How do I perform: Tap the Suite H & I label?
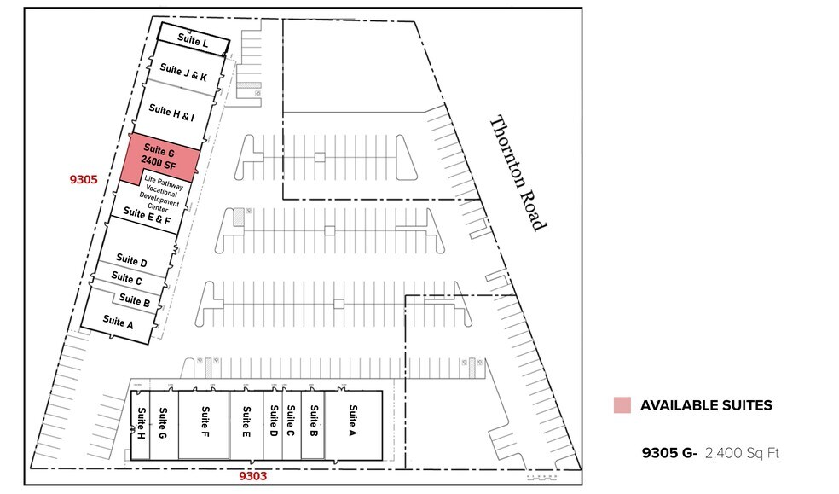tap(171, 110)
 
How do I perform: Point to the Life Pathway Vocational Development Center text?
tap(162, 192)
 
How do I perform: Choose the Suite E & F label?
tap(147, 216)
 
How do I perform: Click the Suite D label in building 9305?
tap(131, 260)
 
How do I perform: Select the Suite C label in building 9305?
tap(127, 279)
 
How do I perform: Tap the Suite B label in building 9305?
tap(135, 300)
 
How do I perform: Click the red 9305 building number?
tap(84, 180)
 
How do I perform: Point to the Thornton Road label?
tap(515, 173)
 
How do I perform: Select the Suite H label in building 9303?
tap(141, 422)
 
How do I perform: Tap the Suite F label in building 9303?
tap(205, 420)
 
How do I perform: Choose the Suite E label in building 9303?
tap(246, 420)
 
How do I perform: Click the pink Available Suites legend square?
tap(621, 405)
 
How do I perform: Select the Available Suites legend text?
tap(706, 405)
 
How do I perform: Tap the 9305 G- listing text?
tap(670, 453)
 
